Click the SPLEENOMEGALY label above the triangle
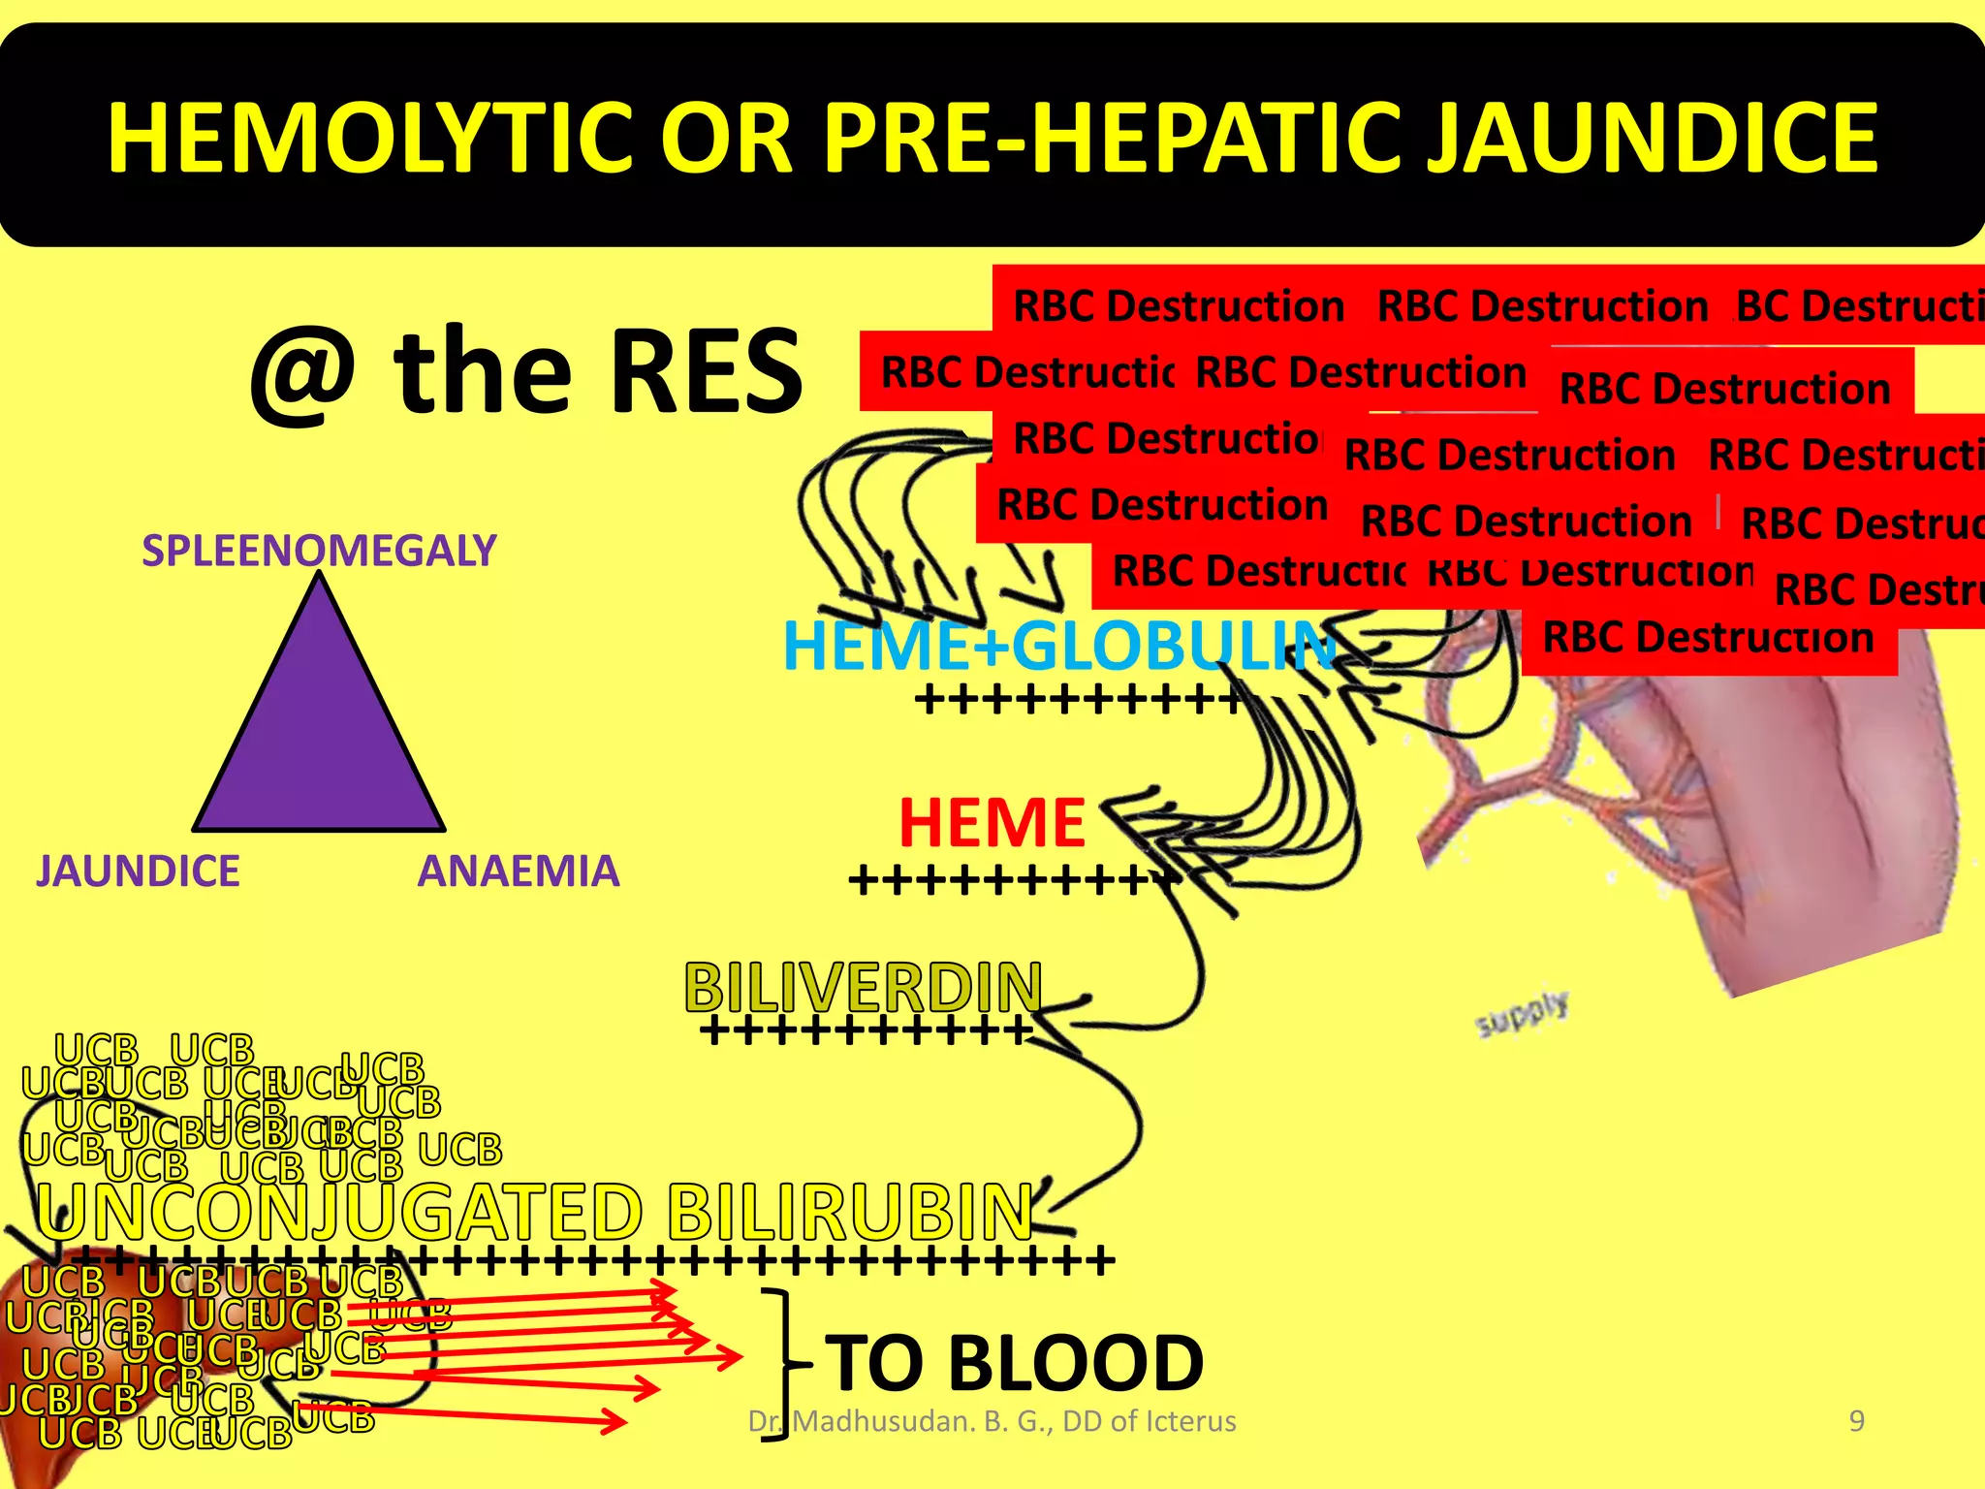tap(319, 551)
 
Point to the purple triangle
tap(319, 737)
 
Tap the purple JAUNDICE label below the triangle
tap(138, 871)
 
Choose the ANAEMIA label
tap(518, 871)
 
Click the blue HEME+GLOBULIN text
tap(1056, 647)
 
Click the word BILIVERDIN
tap(863, 988)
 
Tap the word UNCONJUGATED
tap(339, 1211)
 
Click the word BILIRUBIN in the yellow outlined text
tap(849, 1211)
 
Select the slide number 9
tap(1856, 1421)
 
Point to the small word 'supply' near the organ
tap(1521, 1013)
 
